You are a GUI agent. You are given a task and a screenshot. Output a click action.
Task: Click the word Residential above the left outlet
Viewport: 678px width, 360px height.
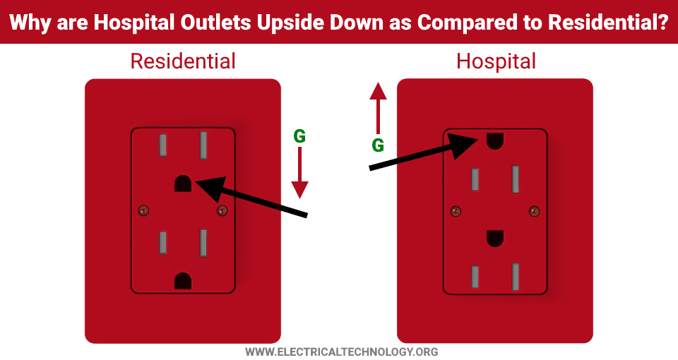pos(183,61)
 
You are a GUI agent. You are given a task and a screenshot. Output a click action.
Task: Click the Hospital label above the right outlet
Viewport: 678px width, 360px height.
pos(496,62)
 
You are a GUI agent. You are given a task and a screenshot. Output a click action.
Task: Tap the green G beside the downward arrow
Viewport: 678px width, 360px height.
pos(299,136)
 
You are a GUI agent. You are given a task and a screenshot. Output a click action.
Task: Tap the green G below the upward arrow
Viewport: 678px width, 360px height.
pos(378,145)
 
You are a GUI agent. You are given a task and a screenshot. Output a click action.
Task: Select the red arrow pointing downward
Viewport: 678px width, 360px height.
pos(299,173)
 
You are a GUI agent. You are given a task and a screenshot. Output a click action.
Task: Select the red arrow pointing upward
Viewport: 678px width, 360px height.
pos(378,108)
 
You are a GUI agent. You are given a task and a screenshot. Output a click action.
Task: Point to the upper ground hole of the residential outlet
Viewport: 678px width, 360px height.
pos(183,184)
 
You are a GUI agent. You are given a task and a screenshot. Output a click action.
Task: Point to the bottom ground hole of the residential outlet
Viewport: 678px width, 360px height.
pos(183,281)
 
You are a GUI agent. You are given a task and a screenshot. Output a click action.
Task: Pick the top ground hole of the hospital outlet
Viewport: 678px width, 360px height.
pos(495,141)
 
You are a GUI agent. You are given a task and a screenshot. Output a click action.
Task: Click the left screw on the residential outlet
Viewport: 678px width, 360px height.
pos(143,211)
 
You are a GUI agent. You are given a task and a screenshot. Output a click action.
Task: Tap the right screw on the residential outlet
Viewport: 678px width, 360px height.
pos(222,211)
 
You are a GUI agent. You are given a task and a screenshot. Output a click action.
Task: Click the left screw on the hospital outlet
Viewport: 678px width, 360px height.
pos(456,211)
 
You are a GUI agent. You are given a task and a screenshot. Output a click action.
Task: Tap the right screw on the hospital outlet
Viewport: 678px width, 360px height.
pos(535,211)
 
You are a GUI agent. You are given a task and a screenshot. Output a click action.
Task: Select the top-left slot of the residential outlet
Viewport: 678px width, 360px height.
pos(163,145)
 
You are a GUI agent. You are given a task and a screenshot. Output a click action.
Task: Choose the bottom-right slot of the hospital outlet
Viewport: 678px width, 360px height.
pos(516,277)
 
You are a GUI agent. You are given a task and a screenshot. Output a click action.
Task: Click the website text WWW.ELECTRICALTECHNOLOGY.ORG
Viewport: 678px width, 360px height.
pos(342,352)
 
